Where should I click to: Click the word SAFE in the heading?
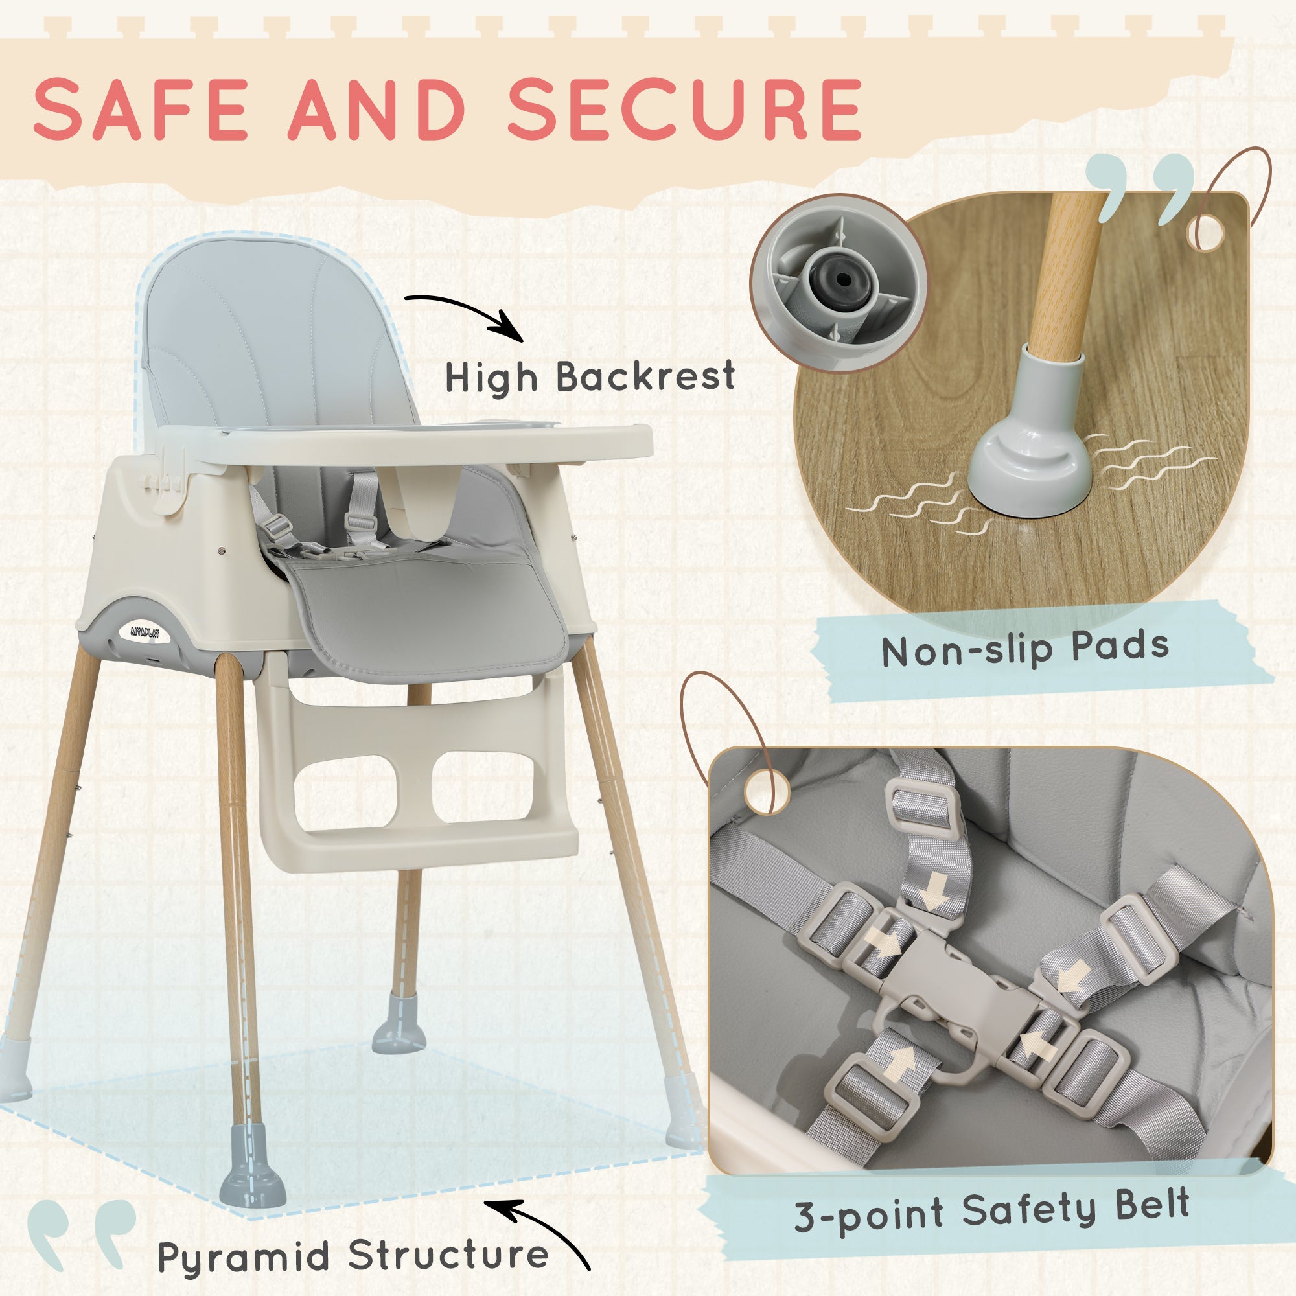click(141, 109)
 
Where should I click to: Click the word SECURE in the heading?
click(684, 109)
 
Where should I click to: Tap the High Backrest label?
click(590, 377)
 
